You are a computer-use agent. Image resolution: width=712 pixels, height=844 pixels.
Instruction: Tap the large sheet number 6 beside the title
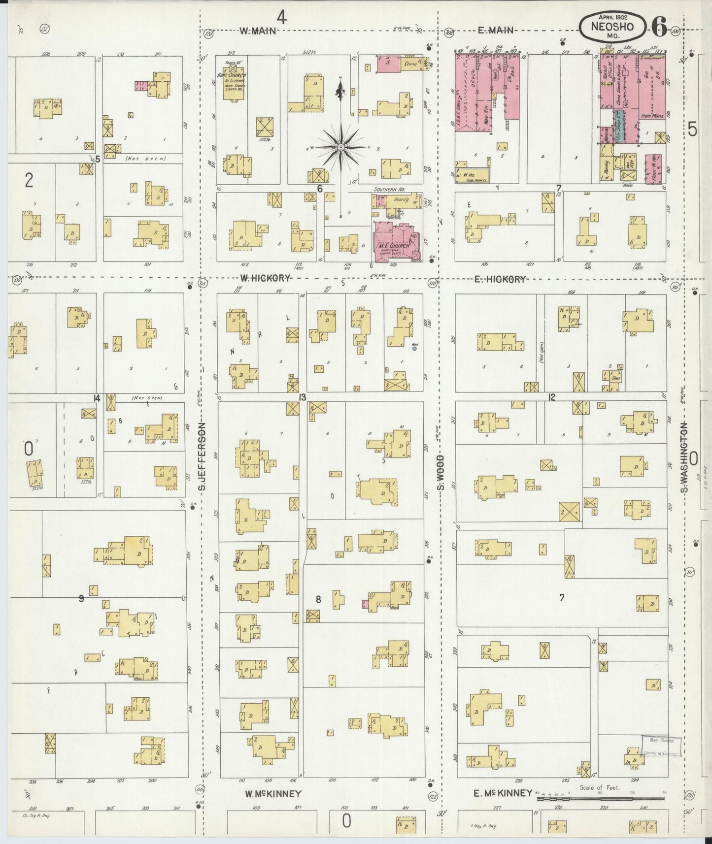(659, 26)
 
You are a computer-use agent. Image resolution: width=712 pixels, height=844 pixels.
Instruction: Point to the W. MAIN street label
(257, 31)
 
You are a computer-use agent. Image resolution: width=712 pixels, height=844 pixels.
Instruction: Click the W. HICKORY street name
(265, 279)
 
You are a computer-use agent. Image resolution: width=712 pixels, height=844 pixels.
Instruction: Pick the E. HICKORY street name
(500, 279)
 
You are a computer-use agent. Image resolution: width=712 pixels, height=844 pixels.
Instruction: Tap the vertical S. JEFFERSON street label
(203, 457)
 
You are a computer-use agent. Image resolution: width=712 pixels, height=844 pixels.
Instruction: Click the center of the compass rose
(340, 147)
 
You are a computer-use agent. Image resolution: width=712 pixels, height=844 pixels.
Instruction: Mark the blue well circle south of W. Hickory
(414, 348)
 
